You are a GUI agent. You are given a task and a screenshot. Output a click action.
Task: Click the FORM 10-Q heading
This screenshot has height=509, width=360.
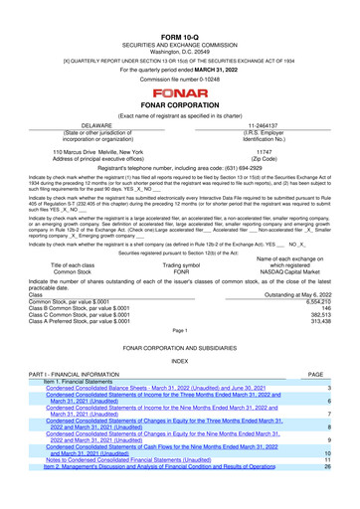179,9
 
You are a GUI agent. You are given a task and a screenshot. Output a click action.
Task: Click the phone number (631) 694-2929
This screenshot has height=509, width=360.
231,170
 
